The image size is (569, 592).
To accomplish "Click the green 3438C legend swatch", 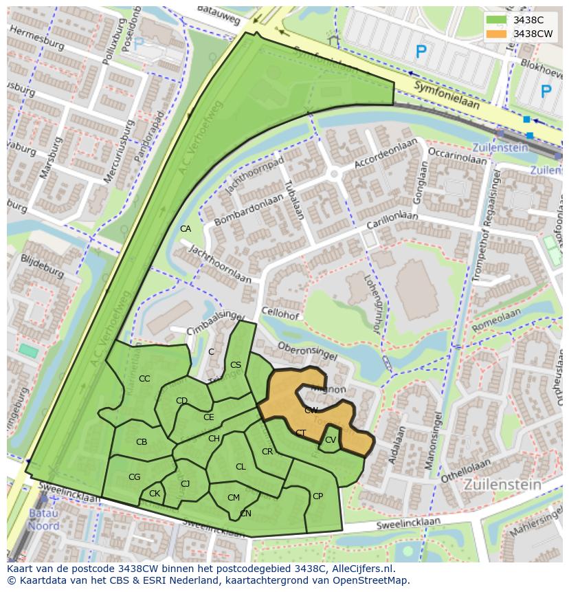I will pos(496,21).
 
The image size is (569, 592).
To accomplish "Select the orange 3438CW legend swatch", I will pos(496,34).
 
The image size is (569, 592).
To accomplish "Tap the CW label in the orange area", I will pos(311,410).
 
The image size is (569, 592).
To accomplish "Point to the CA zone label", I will pos(186,229).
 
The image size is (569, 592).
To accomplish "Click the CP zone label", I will pos(317,496).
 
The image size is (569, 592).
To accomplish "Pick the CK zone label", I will pos(155,494).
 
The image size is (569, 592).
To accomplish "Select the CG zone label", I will pos(135,477).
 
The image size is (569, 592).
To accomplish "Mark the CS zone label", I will pos(236,365).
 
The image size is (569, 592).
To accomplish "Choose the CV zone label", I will pos(331,440).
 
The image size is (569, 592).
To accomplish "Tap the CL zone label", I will pos(241,467).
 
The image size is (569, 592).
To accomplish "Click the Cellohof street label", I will pos(280,315).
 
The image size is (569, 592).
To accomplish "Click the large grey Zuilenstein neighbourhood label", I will pos(502,485).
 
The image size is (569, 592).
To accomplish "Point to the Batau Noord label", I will pos(43,519).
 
